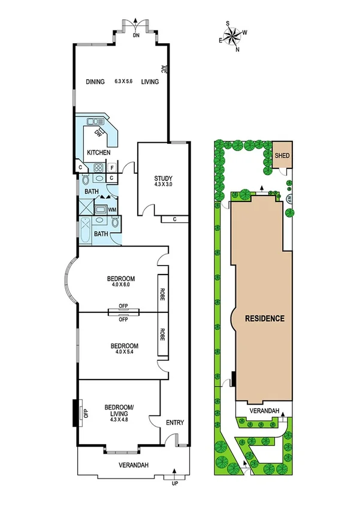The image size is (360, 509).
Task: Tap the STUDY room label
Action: (x=164, y=179)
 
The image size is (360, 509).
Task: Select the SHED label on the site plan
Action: (x=282, y=156)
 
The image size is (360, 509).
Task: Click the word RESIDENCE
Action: (x=264, y=318)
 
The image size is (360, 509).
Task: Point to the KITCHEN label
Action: (x=99, y=153)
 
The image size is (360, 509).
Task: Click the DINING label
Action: (x=95, y=82)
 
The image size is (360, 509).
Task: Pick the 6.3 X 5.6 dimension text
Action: (x=125, y=82)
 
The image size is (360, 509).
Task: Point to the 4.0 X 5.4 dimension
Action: (x=125, y=353)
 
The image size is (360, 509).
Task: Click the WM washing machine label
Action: (x=112, y=209)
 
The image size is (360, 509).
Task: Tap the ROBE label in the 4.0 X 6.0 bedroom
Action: (x=162, y=293)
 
